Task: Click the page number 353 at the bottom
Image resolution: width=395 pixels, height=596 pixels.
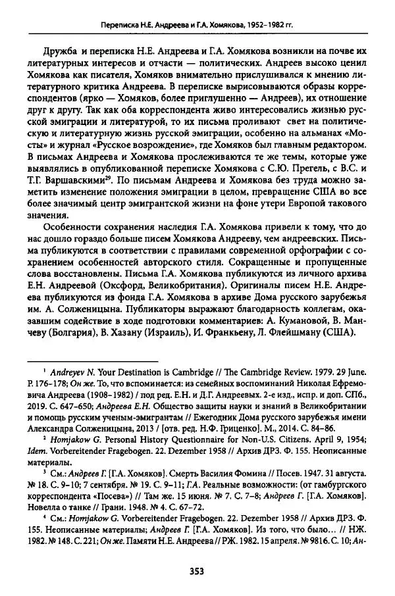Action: point(197,570)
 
